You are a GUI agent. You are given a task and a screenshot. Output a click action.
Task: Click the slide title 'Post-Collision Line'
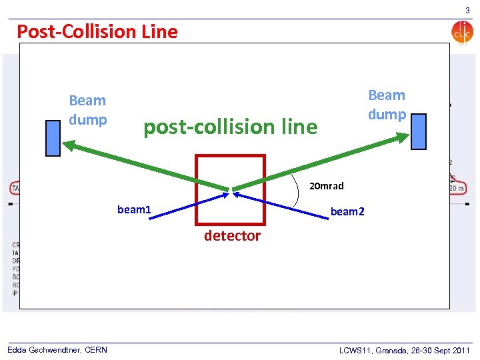tap(97, 31)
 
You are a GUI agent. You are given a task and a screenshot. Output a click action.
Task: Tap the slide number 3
tap(467, 11)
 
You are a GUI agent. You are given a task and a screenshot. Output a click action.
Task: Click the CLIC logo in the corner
tap(461, 32)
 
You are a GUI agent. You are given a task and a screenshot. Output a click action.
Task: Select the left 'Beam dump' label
tap(88, 110)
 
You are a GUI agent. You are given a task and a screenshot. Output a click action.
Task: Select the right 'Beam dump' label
tap(387, 105)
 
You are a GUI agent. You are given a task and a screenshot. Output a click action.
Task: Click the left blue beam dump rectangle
tap(53, 138)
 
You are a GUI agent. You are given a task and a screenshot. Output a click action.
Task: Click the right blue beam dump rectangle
tap(418, 131)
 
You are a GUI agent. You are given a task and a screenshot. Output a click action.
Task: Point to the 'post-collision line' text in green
tap(231, 127)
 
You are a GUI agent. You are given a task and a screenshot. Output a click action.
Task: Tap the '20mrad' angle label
tap(327, 186)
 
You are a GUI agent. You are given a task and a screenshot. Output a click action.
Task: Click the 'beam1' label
tap(134, 210)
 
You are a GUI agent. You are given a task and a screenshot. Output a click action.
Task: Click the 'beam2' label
tap(348, 211)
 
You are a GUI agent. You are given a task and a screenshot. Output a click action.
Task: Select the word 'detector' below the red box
tap(232, 236)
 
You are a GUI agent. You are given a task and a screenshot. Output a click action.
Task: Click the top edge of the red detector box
tap(230, 156)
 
